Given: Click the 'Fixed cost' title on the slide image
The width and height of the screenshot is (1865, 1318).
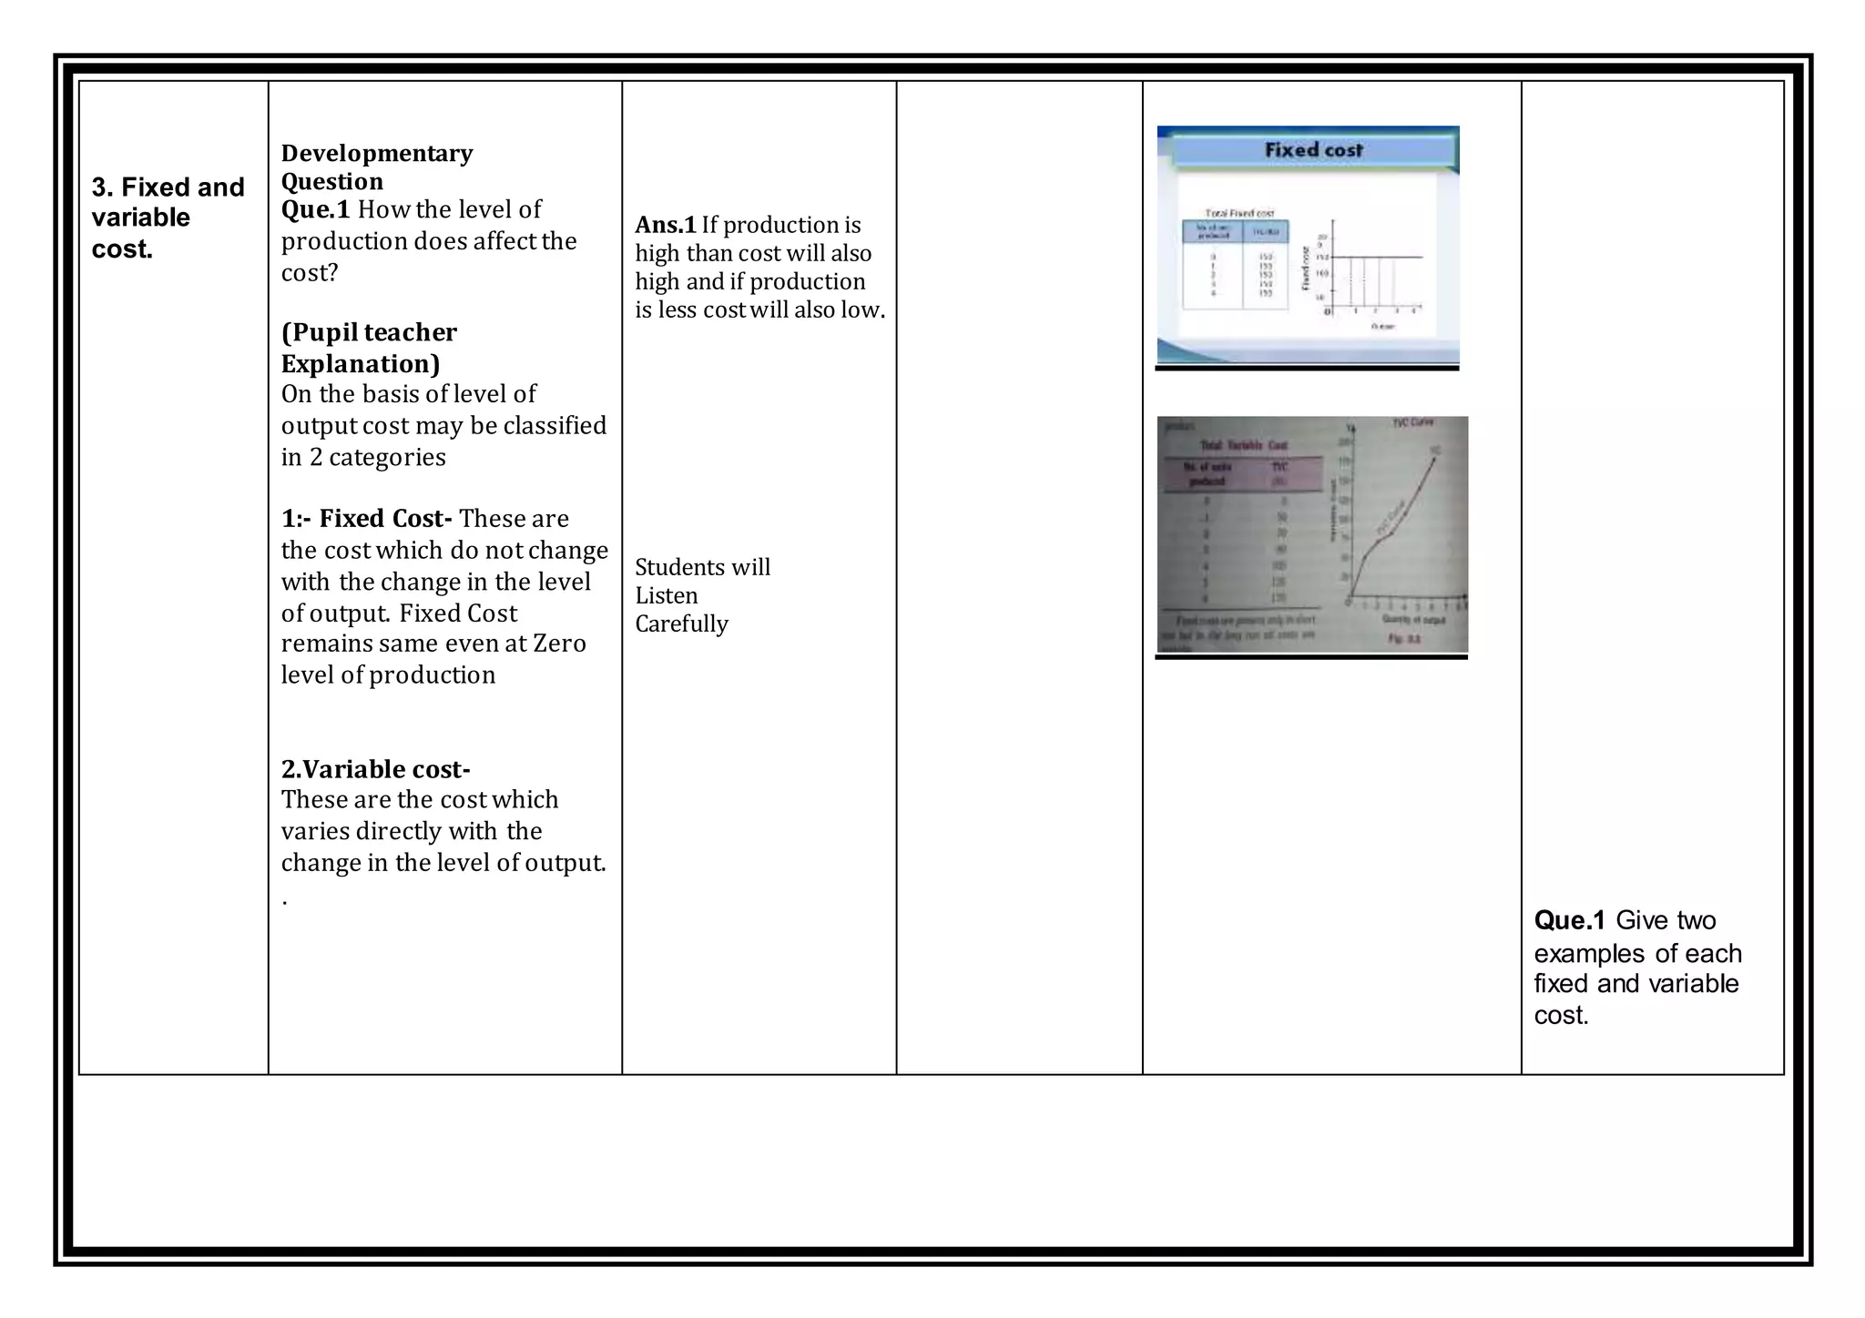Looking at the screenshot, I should pyautogui.click(x=1313, y=150).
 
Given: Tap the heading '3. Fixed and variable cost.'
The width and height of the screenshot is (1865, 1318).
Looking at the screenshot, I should pyautogui.click(x=168, y=218).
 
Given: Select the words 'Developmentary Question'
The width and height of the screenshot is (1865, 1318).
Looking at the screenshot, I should pyautogui.click(x=376, y=167).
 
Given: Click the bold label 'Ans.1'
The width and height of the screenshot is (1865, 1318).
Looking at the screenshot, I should pyautogui.click(x=665, y=225).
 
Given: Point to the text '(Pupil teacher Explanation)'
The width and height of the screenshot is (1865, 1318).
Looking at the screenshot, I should pyautogui.click(x=369, y=348).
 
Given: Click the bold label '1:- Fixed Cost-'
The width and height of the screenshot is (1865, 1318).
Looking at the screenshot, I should pyautogui.click(x=366, y=519).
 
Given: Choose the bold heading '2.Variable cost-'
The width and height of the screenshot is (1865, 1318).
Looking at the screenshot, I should pyautogui.click(x=375, y=769).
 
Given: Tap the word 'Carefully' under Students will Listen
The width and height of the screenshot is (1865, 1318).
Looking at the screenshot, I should pyautogui.click(x=681, y=624).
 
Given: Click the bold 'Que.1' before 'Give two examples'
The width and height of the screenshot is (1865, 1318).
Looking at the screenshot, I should pyautogui.click(x=1569, y=920).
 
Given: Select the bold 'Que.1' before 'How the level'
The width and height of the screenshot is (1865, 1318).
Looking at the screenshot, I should pyautogui.click(x=315, y=210).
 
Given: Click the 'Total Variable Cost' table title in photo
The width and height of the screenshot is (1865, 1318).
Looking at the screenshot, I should pyautogui.click(x=1243, y=445).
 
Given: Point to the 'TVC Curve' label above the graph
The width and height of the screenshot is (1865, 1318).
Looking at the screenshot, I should pyautogui.click(x=1412, y=423).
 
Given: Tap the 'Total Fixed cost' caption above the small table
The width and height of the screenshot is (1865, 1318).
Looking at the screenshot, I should pyautogui.click(x=1239, y=213).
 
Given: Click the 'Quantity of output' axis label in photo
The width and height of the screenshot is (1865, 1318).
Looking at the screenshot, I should pyautogui.click(x=1413, y=619).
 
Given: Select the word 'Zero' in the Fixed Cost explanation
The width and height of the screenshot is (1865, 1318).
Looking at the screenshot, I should pyautogui.click(x=559, y=644).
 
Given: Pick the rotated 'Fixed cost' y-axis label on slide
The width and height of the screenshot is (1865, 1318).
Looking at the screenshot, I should pyautogui.click(x=1306, y=269).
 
